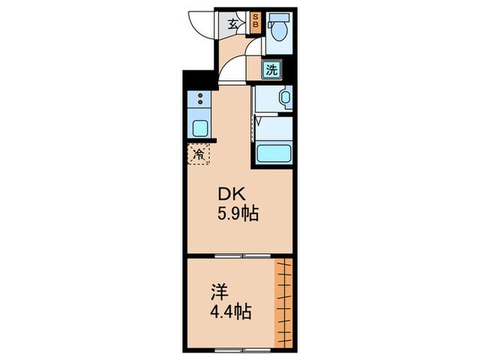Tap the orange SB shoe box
click(255, 22)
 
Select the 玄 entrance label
click(234, 25)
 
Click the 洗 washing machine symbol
click(272, 69)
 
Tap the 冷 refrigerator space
click(199, 155)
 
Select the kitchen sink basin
click(200, 128)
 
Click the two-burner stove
click(200, 99)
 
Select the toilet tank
click(280, 19)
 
